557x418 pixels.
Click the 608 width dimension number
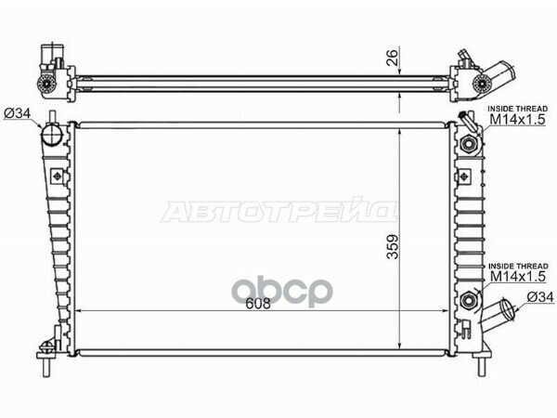coord(258,304)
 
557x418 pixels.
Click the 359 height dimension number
coord(393,247)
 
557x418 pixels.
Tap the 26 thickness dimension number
coord(392,58)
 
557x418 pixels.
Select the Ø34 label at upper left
coord(18,113)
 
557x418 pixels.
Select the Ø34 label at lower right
coord(540,297)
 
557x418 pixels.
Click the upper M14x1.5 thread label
coord(517,120)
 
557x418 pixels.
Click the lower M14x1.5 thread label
coord(518,276)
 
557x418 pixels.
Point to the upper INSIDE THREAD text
coord(518,109)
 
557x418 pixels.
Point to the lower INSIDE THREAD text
coord(518,266)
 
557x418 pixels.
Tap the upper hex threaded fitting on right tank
coord(468,144)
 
